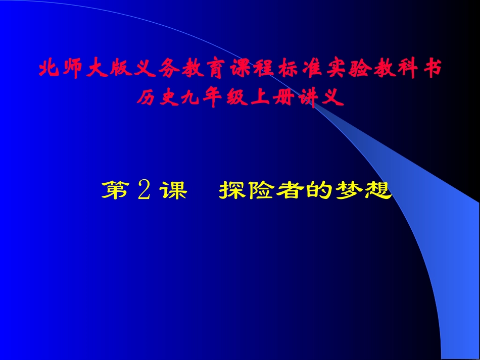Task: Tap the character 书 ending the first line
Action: tap(433, 70)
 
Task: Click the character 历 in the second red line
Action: tap(145, 98)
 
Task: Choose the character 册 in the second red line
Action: tap(281, 98)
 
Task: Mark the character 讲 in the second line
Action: tap(304, 98)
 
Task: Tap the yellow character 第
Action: tap(115, 191)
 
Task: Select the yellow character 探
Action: tap(233, 191)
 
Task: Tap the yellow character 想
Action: tap(377, 191)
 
